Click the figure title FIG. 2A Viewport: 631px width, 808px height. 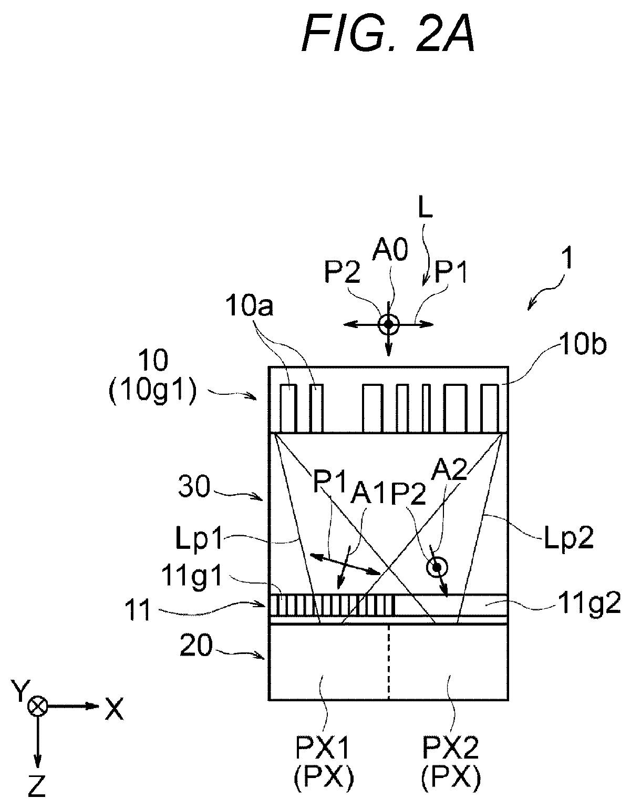[x=388, y=34]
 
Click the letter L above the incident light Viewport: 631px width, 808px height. [x=426, y=210]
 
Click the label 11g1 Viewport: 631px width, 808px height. [x=192, y=575]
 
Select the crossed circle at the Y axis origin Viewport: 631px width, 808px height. [x=37, y=705]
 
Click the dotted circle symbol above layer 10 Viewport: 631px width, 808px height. [x=388, y=324]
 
